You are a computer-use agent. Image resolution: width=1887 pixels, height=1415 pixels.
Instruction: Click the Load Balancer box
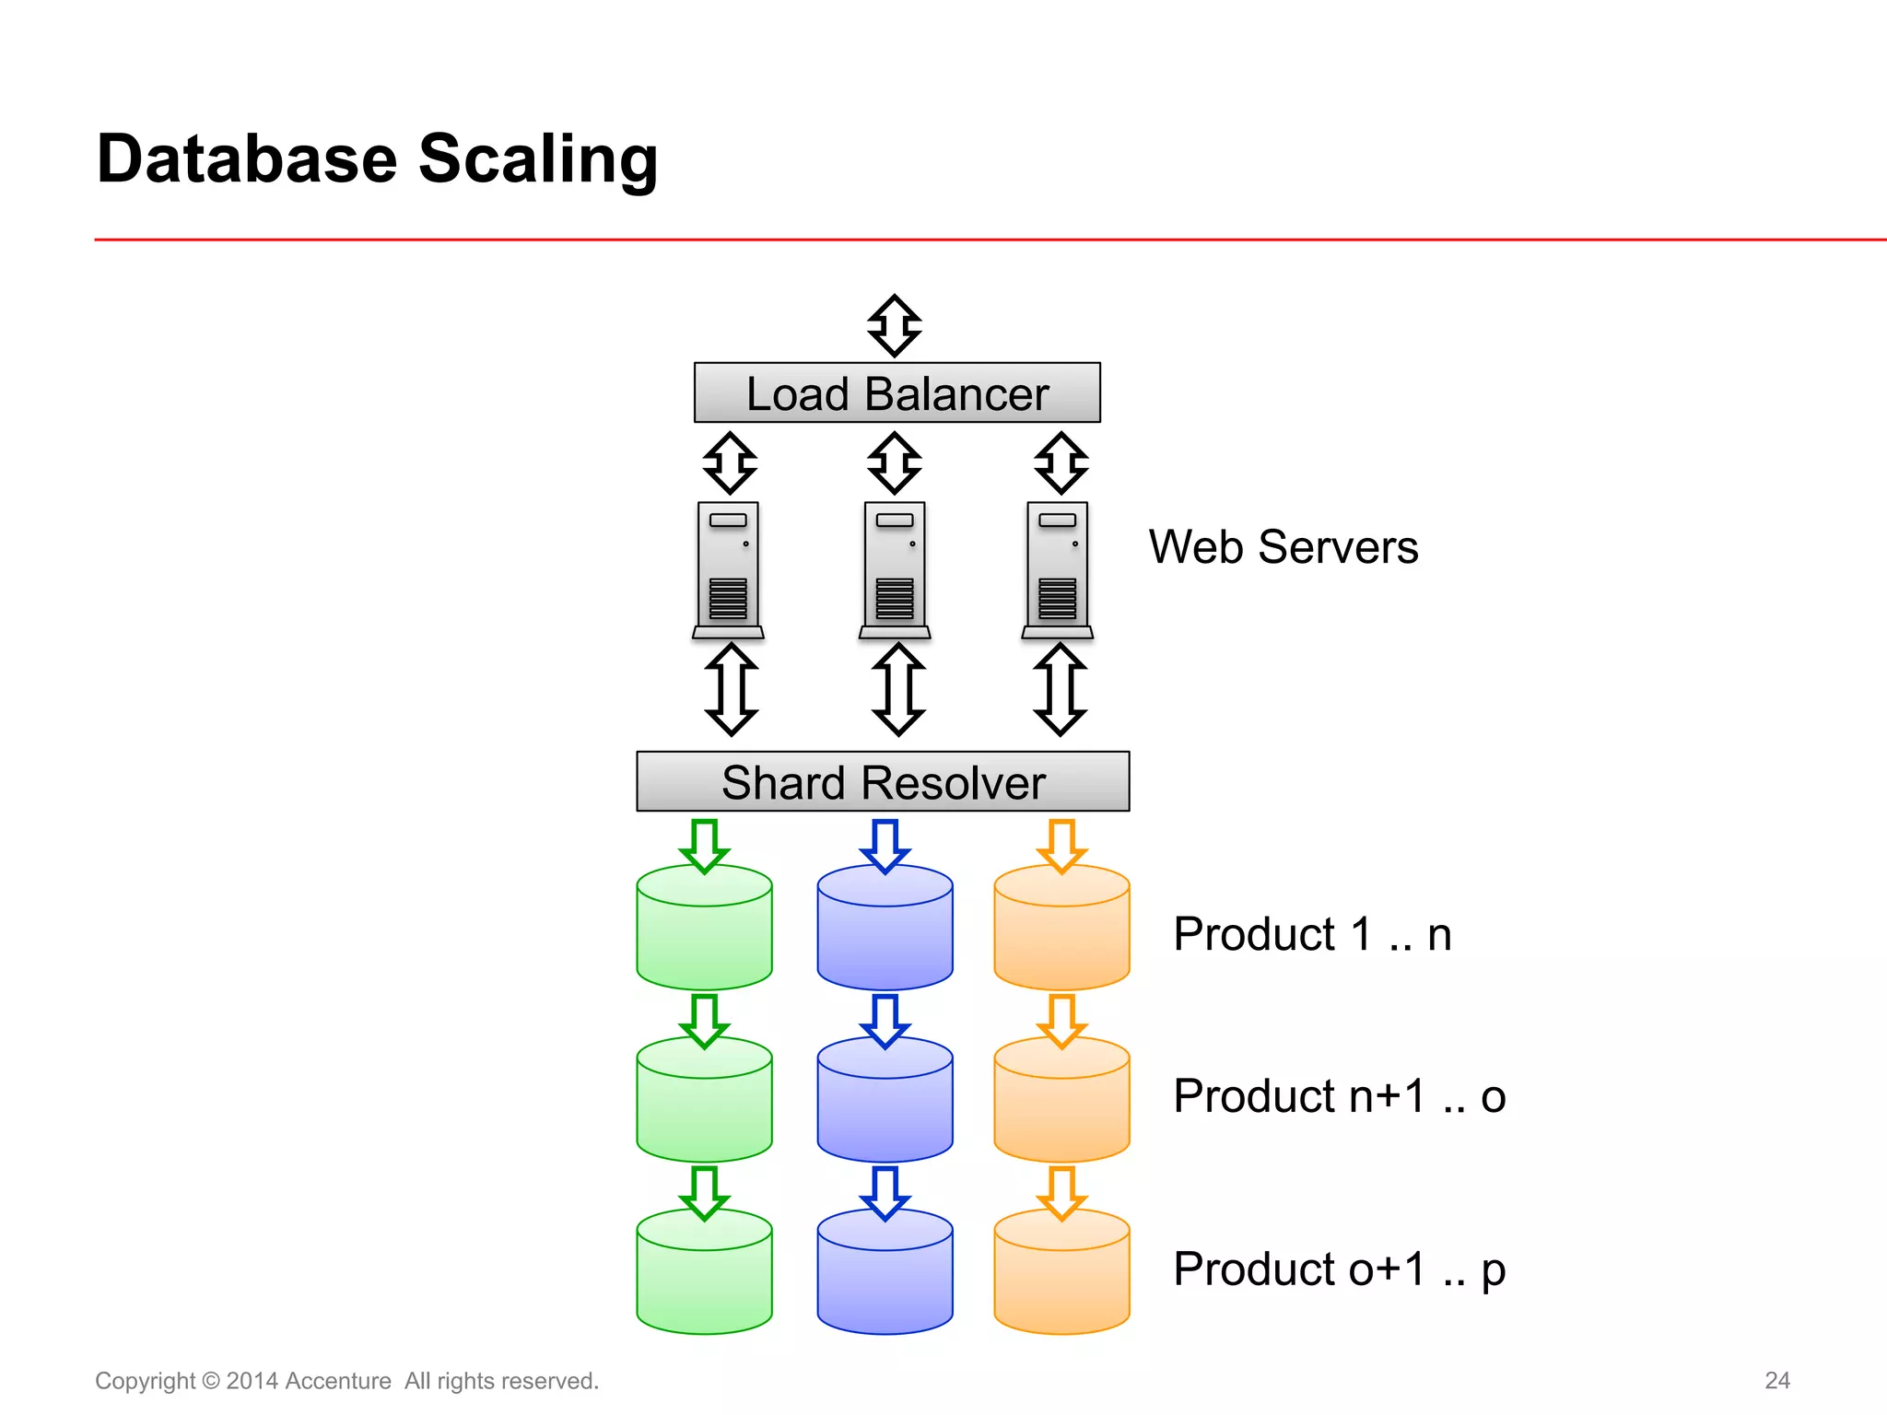tap(897, 393)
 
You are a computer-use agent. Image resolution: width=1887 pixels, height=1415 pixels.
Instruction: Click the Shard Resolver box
tap(883, 782)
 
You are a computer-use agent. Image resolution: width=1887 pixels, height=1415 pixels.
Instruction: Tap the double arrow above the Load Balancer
tap(895, 326)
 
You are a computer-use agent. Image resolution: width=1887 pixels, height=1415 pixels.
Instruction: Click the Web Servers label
tap(1283, 547)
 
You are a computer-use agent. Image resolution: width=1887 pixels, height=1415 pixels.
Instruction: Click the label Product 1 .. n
tap(1312, 934)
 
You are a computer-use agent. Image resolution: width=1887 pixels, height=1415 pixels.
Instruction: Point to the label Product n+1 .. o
tap(1339, 1096)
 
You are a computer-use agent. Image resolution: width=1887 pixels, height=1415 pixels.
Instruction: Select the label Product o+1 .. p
tap(1339, 1269)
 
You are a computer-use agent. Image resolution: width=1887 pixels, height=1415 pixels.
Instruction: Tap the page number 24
tap(1776, 1380)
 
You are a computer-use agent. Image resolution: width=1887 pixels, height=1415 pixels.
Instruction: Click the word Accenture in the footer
tap(338, 1381)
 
